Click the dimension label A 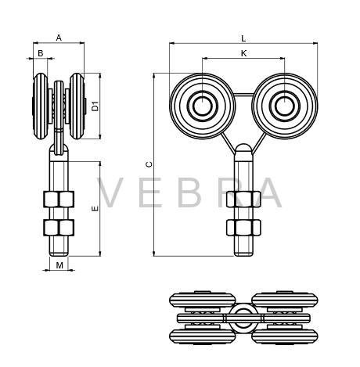coord(59,38)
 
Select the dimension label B coord(41,53)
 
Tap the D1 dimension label coord(95,106)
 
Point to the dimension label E coord(95,208)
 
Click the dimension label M coord(59,265)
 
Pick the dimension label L coord(243,39)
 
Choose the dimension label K coord(243,53)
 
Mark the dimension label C coord(149,164)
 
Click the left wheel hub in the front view coord(203,106)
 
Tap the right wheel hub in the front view coord(285,106)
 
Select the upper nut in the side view coord(59,200)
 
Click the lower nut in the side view coord(59,228)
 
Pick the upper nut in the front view coord(243,200)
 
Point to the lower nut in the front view coord(243,228)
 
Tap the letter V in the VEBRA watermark coord(110,192)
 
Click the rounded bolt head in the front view coord(243,152)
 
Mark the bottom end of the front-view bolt coord(243,256)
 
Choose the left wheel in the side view coord(41,106)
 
